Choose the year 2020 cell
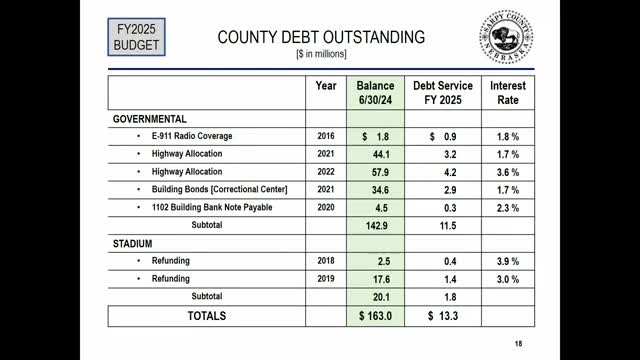tap(326, 207)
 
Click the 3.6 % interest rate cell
tap(508, 171)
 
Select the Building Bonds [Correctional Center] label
tap(220, 189)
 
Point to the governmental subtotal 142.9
tap(376, 226)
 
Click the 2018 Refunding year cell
tap(326, 261)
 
